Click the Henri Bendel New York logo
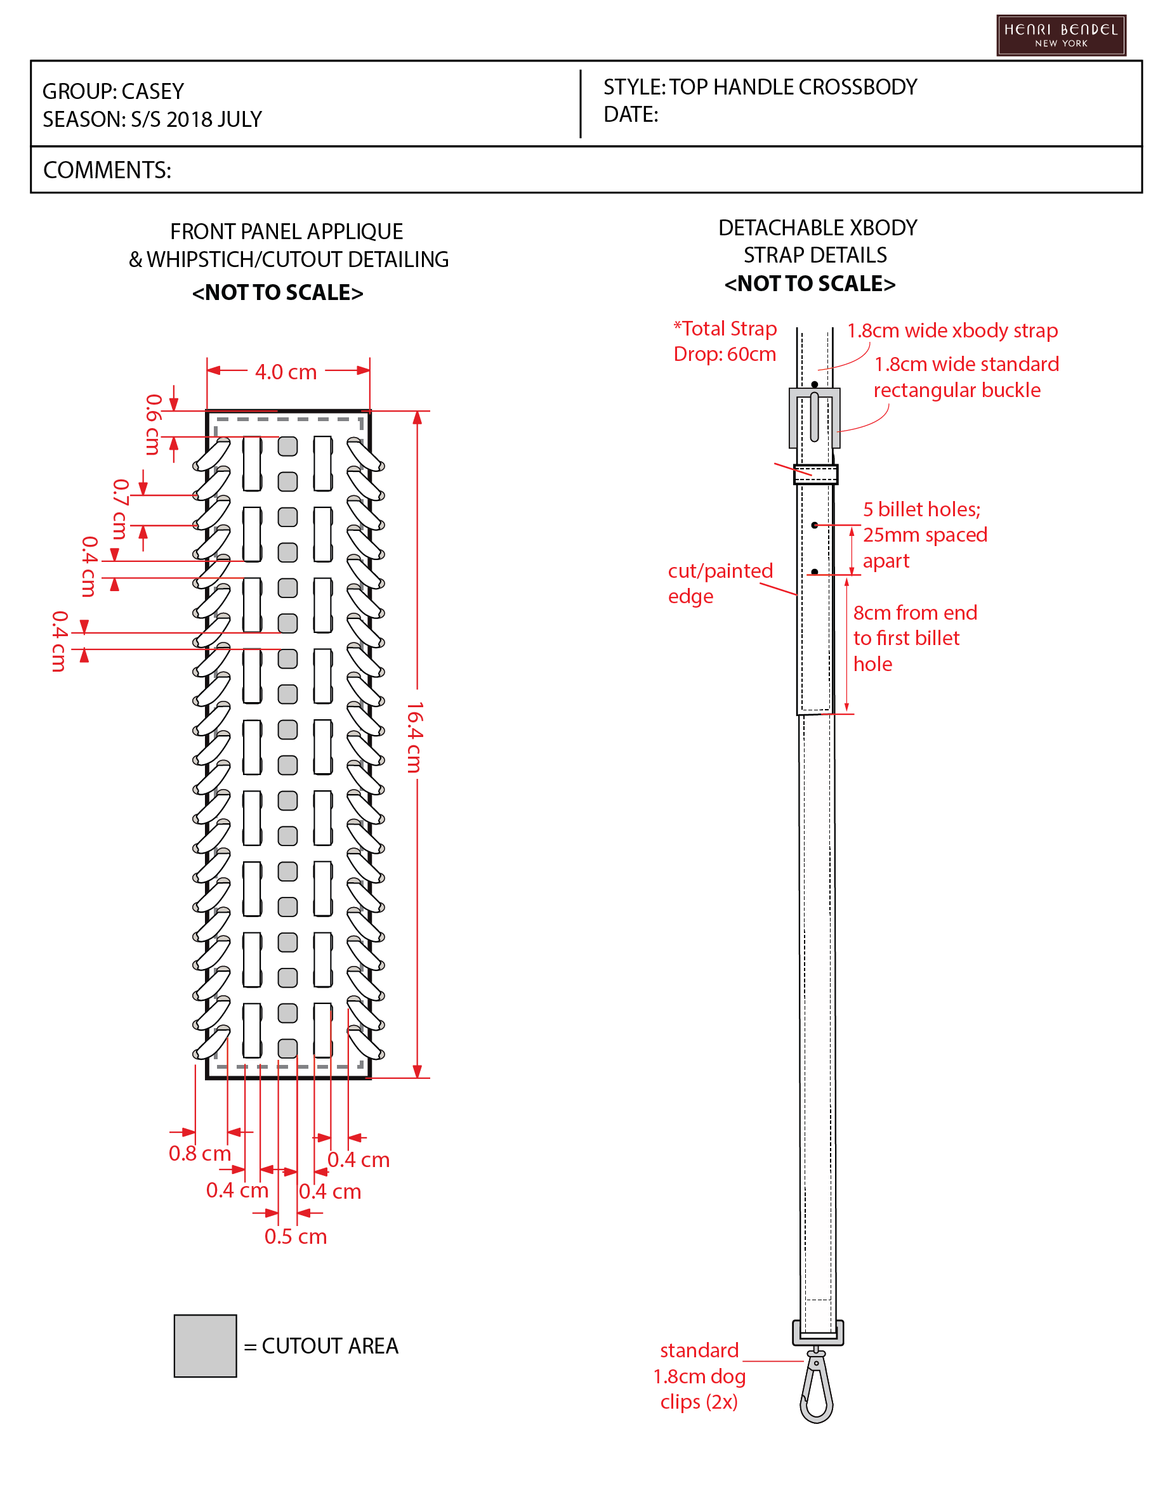point(1061,35)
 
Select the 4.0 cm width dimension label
point(286,372)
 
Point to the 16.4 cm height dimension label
point(414,737)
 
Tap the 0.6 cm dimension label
point(152,424)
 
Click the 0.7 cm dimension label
point(120,509)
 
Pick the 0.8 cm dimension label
point(199,1153)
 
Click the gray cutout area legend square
point(205,1345)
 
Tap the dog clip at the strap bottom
point(817,1386)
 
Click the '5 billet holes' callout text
point(925,535)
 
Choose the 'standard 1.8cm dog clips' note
point(699,1376)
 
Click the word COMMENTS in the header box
point(107,170)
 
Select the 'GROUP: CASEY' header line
point(113,91)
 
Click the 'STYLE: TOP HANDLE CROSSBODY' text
point(760,87)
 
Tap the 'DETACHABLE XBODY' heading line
point(818,228)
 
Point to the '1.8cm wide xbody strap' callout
point(952,330)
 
